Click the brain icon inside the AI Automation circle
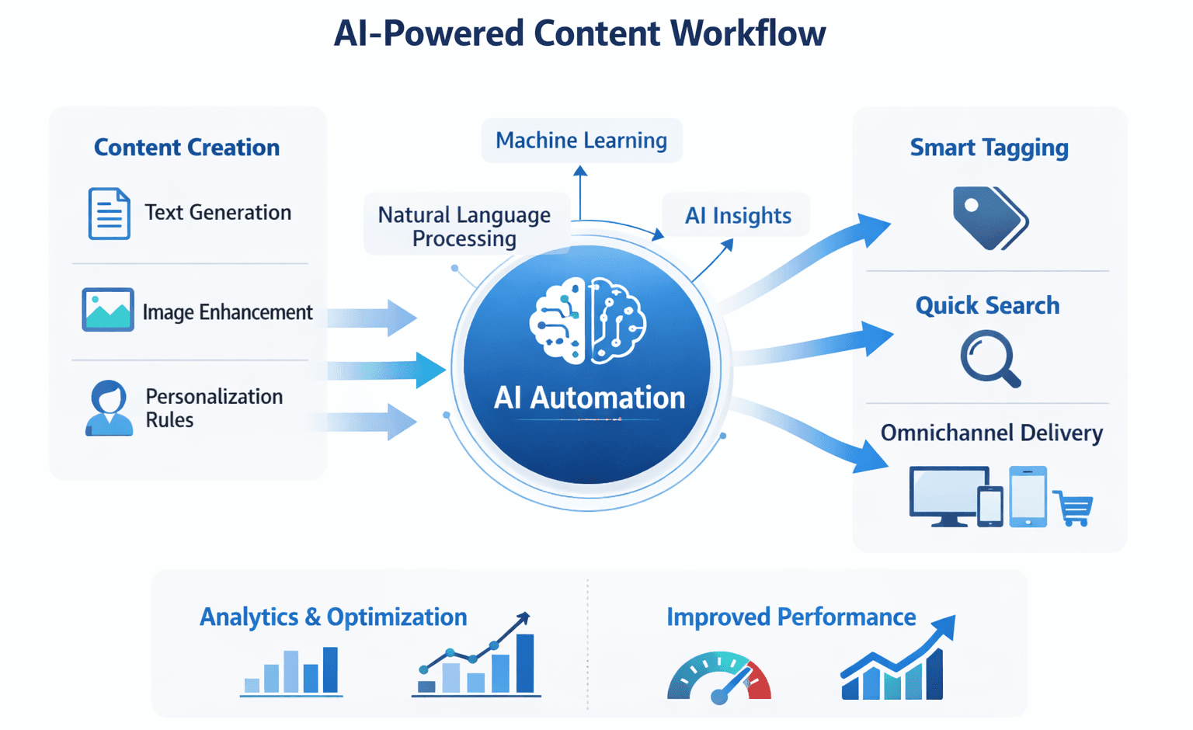pyautogui.click(x=587, y=321)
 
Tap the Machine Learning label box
pyautogui.click(x=581, y=141)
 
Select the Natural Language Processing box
pyautogui.click(x=464, y=226)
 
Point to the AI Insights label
pyautogui.click(x=737, y=215)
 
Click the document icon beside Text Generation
pyautogui.click(x=109, y=214)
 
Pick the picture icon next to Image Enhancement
pyautogui.click(x=108, y=310)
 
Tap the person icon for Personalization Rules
pyautogui.click(x=109, y=408)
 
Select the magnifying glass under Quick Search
pyautogui.click(x=989, y=358)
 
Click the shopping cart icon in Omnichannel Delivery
pyautogui.click(x=1074, y=509)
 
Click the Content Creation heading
pyautogui.click(x=186, y=148)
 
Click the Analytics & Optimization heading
pyautogui.click(x=333, y=617)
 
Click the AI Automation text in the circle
pyautogui.click(x=590, y=398)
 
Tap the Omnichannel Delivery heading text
pyautogui.click(x=991, y=433)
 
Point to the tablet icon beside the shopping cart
pyautogui.click(x=1028, y=496)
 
